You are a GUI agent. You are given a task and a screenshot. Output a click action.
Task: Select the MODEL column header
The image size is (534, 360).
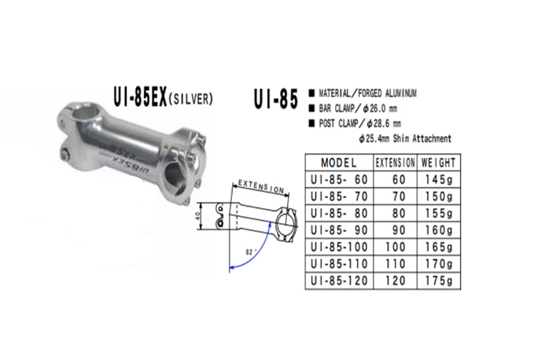tap(338, 163)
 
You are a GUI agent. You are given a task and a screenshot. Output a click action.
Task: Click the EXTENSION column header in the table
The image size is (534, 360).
tap(395, 163)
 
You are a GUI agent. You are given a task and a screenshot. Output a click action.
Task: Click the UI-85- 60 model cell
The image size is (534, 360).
tap(338, 180)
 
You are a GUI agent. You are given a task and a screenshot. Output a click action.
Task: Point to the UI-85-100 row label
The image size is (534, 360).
tap(338, 246)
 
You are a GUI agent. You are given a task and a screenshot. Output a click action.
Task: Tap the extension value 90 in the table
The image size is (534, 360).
tap(395, 230)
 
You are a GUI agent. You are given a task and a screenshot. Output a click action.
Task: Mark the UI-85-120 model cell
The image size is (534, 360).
tap(338, 279)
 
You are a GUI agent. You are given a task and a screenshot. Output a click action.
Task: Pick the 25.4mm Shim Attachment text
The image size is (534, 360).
tap(404, 138)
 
